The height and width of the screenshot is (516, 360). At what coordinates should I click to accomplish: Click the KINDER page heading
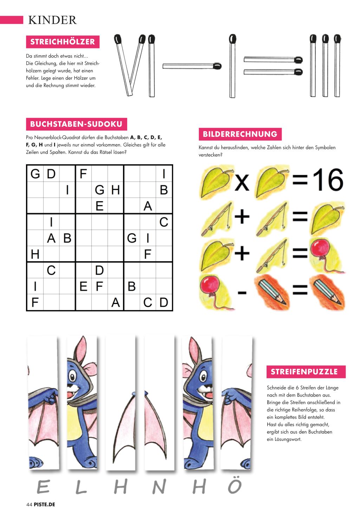[x=52, y=20]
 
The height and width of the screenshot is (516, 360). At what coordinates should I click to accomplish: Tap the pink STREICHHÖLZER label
[x=63, y=42]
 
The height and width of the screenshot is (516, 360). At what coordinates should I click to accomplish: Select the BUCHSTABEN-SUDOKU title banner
[x=76, y=124]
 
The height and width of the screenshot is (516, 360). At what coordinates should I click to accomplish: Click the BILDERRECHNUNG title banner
[x=240, y=134]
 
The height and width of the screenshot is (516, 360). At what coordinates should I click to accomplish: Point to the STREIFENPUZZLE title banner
[x=306, y=372]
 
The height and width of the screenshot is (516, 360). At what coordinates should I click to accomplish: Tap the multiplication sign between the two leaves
[x=242, y=182]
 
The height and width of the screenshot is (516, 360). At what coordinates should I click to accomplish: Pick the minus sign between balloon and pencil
[x=242, y=292]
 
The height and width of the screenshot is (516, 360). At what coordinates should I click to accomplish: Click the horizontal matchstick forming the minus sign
[x=192, y=66]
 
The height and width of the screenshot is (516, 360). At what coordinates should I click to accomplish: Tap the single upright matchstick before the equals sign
[x=232, y=66]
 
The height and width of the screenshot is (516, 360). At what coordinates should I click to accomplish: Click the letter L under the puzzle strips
[x=81, y=487]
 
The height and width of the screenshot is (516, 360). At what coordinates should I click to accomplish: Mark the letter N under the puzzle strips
[x=159, y=487]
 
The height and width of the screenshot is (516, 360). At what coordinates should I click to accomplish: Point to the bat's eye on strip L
[x=72, y=376]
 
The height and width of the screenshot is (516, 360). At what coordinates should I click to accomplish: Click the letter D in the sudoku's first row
[x=51, y=174]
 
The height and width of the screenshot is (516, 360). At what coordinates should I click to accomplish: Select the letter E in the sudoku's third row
[x=99, y=206]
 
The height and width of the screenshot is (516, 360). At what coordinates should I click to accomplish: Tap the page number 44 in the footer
[x=29, y=504]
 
